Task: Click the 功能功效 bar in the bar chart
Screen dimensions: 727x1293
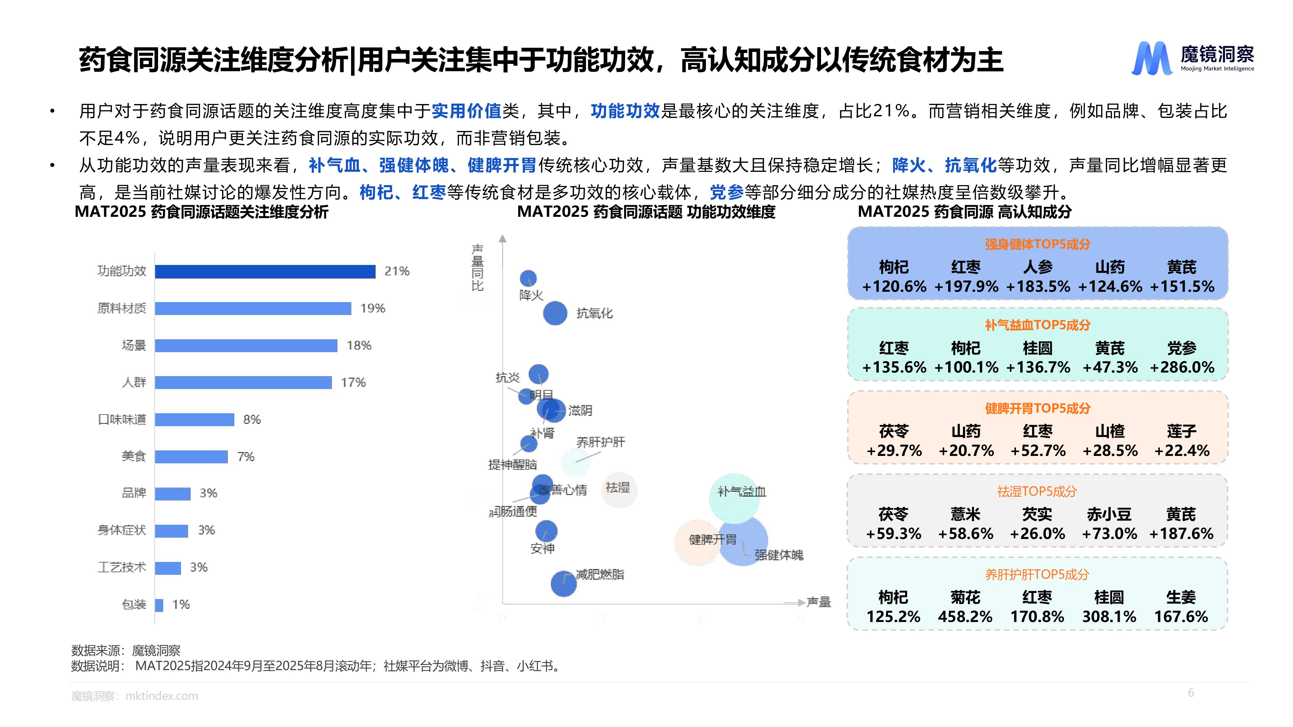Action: pos(265,271)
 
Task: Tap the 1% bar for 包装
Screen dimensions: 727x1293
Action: pos(159,605)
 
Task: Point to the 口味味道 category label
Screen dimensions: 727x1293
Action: pos(122,419)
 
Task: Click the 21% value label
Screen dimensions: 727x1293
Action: pos(397,271)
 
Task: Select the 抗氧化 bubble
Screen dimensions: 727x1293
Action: pos(555,313)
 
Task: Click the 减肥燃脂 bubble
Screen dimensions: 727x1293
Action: pos(563,584)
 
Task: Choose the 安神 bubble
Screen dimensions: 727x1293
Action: pos(546,531)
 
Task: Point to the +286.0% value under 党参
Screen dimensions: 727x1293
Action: pos(1181,367)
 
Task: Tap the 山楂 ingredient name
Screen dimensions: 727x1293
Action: pos(1109,431)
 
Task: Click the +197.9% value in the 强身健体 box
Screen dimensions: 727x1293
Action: pos(966,287)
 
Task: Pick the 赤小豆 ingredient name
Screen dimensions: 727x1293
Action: pos(1109,514)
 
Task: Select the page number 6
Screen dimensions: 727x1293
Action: pos(1191,693)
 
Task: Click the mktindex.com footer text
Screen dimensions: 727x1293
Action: pos(162,696)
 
